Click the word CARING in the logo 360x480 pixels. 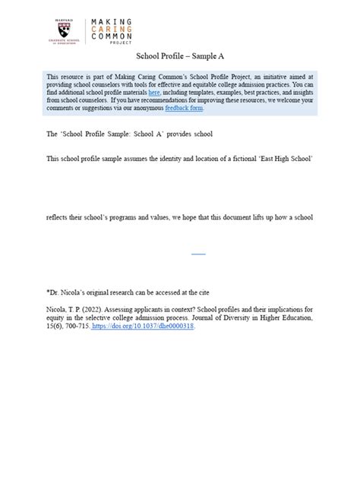[112, 29]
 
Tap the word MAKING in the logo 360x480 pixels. [112, 22]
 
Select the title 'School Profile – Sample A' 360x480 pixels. [180, 56]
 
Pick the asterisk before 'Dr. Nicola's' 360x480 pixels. [48, 292]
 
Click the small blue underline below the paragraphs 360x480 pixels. [197, 253]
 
